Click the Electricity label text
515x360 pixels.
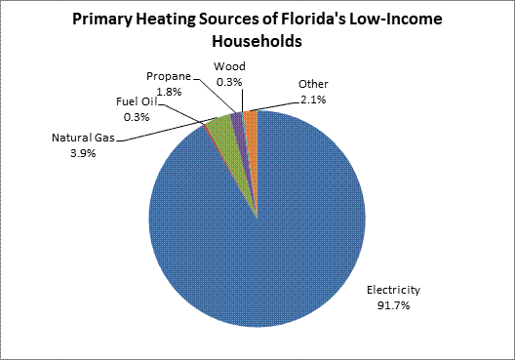(393, 289)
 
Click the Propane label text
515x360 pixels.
(170, 75)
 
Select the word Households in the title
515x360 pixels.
(258, 43)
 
